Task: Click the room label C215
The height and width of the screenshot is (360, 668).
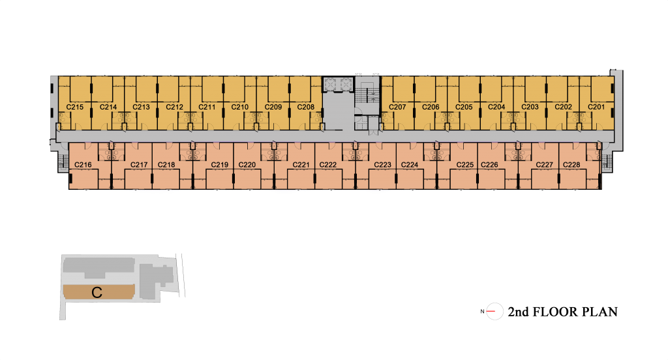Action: coord(75,107)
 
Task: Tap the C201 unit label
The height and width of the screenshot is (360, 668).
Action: coord(596,107)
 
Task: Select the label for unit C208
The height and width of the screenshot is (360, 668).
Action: coord(305,107)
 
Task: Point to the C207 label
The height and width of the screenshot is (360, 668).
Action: coord(397,107)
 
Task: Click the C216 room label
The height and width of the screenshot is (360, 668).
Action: coord(83,165)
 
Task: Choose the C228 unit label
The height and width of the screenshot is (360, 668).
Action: coord(571,165)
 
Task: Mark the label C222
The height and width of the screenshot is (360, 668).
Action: coord(327,165)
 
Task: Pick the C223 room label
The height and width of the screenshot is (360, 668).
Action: coord(382,165)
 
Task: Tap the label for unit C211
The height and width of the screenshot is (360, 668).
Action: coord(207,107)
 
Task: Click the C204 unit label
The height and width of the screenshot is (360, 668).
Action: coord(496,107)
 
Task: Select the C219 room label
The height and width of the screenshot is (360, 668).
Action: coord(219,165)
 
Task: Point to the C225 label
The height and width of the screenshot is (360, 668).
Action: coord(464,165)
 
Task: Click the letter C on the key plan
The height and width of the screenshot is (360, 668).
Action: coord(97,293)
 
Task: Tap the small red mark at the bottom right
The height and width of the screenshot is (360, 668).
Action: coord(491,311)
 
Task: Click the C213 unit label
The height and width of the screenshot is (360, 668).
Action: coord(141,107)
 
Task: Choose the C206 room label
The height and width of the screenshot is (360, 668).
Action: coord(431,107)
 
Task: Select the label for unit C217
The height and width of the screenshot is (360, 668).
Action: coord(139,165)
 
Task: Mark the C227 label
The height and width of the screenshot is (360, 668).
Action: coord(544,165)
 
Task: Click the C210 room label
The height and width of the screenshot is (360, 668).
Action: coord(239,107)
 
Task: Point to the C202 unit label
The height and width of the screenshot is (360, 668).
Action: coord(563,107)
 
